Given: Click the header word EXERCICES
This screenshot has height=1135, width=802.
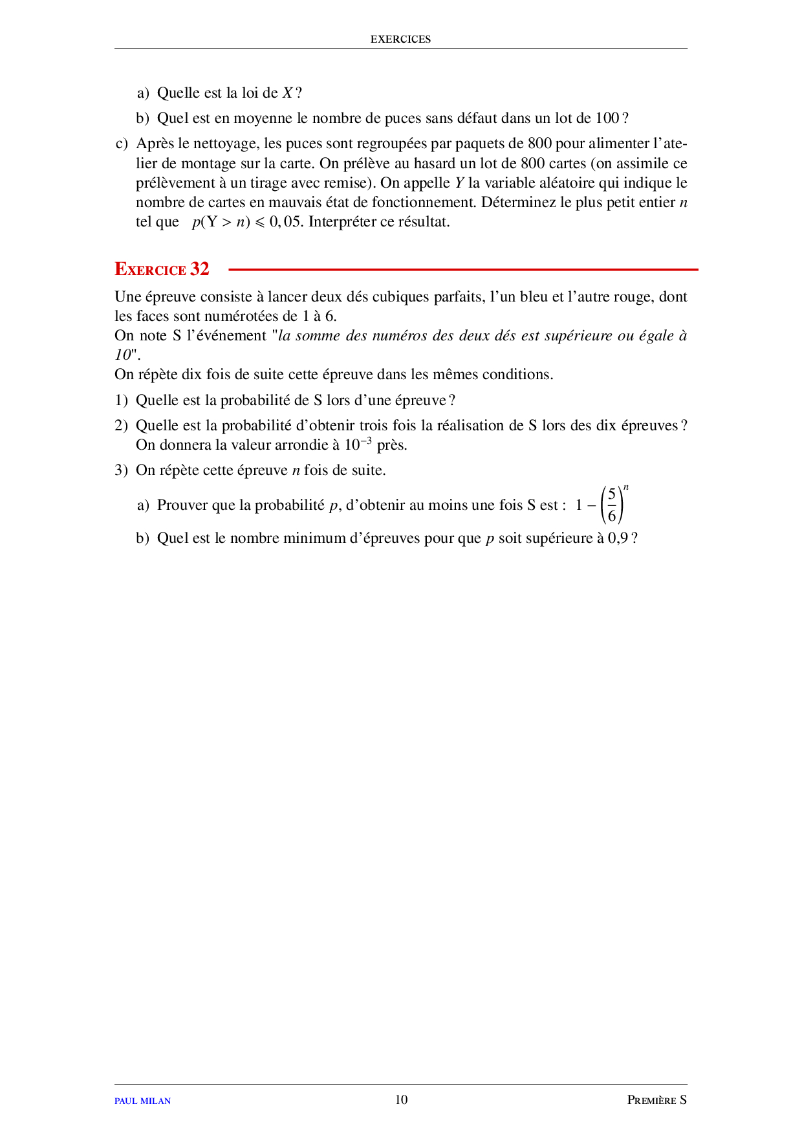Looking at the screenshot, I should coord(400,39).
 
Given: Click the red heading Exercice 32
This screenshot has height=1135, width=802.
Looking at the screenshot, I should coord(162,269).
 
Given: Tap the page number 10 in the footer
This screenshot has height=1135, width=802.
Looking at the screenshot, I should coord(401,1099).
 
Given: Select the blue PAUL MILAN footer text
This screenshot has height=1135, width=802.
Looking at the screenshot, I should coord(142,1101).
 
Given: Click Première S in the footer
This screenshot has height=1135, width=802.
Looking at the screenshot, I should coord(656,1100).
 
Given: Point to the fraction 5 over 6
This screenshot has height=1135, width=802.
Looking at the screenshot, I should coord(612,505).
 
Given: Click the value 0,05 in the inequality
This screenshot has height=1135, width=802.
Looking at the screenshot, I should coord(285,222).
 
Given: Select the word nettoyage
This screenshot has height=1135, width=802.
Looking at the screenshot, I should coord(226,144).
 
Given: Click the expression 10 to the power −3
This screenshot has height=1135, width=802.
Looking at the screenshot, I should coord(358,445).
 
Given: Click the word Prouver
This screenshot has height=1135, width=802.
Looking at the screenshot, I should coord(182,505).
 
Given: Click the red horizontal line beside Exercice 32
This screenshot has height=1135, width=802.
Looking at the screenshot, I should coord(463,269).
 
